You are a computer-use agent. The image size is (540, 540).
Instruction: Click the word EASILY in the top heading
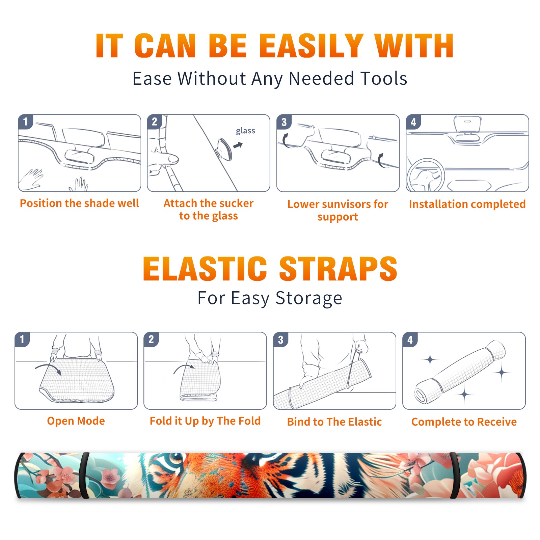[x=311, y=46]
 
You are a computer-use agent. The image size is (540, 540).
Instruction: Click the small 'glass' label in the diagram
[x=245, y=131]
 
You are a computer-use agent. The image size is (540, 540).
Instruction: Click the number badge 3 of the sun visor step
[x=284, y=122]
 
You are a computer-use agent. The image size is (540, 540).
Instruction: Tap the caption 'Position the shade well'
[x=79, y=203]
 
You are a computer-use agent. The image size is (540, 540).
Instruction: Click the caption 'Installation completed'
[x=467, y=204]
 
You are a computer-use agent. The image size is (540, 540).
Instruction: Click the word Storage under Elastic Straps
[x=309, y=298]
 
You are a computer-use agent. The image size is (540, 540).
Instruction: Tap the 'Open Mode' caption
[x=76, y=421]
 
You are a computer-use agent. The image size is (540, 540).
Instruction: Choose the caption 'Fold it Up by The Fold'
[x=205, y=421]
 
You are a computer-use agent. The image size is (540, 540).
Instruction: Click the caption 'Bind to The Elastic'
[x=334, y=422]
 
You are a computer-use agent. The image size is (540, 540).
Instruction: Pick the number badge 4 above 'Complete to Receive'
[x=410, y=340]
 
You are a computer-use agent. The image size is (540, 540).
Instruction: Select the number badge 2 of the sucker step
[x=155, y=122]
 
